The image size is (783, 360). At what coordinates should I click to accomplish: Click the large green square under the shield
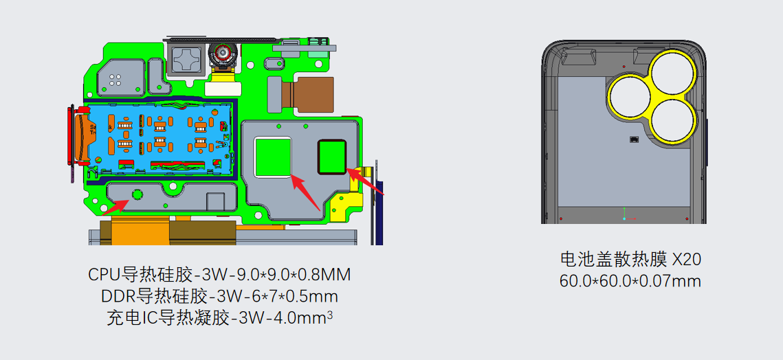point(273,157)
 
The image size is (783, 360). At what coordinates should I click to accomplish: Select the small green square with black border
point(332,156)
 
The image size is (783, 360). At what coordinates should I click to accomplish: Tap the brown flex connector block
point(313,94)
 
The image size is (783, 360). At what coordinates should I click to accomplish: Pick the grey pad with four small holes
point(120,78)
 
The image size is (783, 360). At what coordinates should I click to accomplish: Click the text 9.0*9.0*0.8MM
point(285,274)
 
